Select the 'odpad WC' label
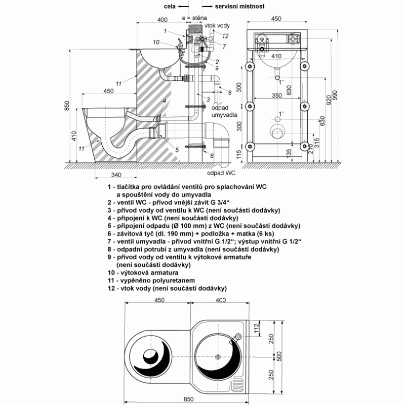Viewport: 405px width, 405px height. (231, 173)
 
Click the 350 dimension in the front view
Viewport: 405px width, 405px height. (275, 95)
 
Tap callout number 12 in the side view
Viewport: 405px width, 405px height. (226, 35)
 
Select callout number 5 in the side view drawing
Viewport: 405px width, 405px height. (177, 149)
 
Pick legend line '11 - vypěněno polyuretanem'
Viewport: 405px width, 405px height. (158, 280)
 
